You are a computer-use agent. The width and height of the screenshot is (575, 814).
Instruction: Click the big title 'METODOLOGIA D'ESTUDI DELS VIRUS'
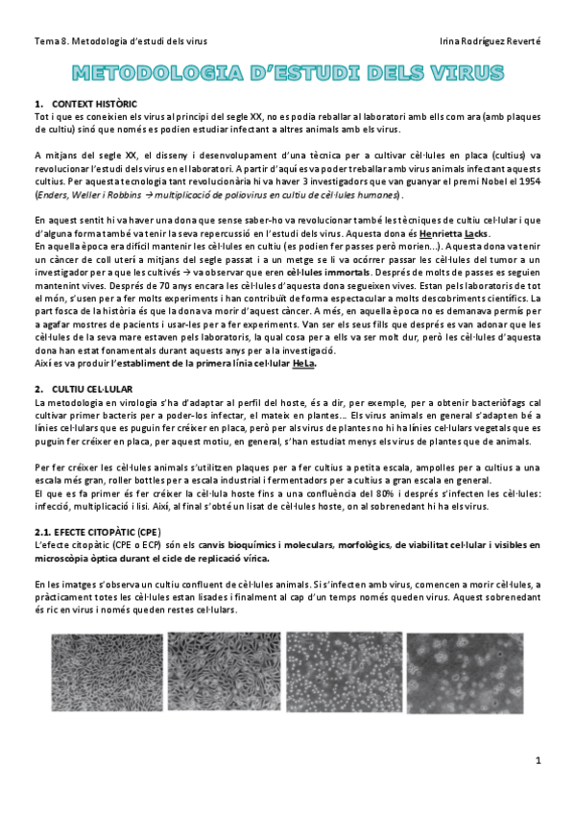click(x=288, y=73)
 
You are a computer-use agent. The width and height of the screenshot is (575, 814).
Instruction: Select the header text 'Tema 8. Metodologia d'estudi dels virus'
click(x=119, y=40)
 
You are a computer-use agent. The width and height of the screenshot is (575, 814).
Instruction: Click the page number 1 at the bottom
click(x=539, y=760)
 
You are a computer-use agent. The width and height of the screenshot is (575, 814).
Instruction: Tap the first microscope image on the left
click(x=104, y=673)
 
